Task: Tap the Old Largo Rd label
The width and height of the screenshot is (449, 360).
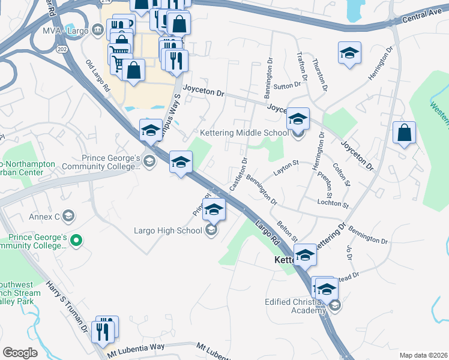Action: [x=98, y=76]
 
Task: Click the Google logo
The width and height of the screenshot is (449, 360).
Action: [x=20, y=353]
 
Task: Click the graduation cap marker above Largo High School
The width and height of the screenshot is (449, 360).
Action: [x=213, y=210]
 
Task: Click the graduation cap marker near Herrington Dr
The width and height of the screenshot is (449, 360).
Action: [x=349, y=54]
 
